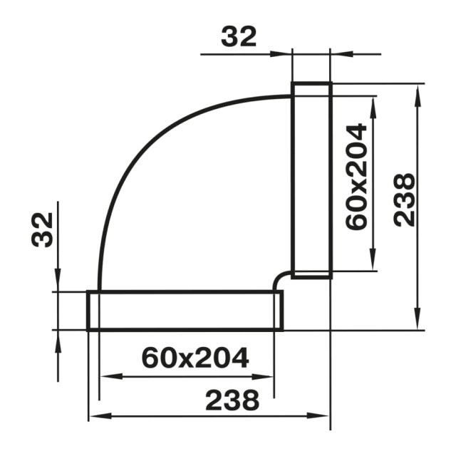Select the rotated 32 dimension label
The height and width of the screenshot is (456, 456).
tap(43, 229)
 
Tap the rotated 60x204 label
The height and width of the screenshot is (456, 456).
tap(356, 176)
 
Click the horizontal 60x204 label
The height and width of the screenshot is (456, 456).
tap(195, 357)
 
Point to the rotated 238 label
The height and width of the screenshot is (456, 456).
tap(404, 200)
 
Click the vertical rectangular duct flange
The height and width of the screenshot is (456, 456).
tap(311, 180)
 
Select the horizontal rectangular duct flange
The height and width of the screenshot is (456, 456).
tap(185, 311)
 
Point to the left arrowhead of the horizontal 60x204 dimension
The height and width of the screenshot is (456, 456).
tap(107, 376)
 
